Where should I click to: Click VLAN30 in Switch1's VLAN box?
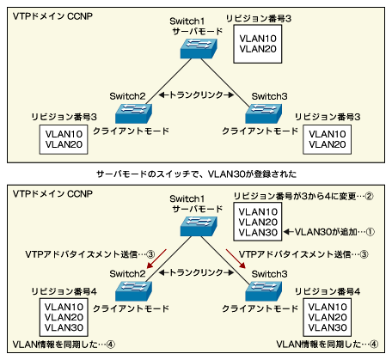[257, 233]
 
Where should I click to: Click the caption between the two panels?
[196, 172]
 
